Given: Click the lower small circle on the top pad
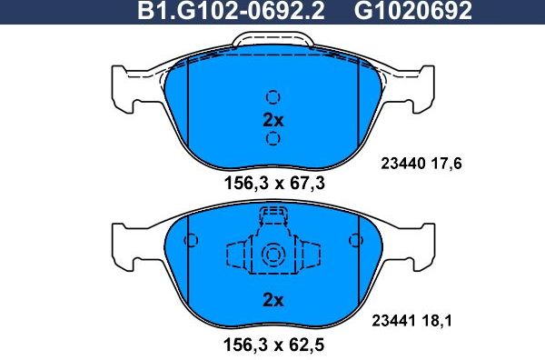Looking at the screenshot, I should (272, 138).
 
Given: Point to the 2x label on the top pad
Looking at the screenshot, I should (272, 119).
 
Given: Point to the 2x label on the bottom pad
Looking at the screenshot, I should (272, 299).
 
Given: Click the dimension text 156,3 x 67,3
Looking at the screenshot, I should (273, 183).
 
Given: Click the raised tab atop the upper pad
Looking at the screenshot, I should (273, 40).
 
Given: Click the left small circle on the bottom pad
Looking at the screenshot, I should (191, 241).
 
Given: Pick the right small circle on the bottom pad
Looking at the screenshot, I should (355, 241).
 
